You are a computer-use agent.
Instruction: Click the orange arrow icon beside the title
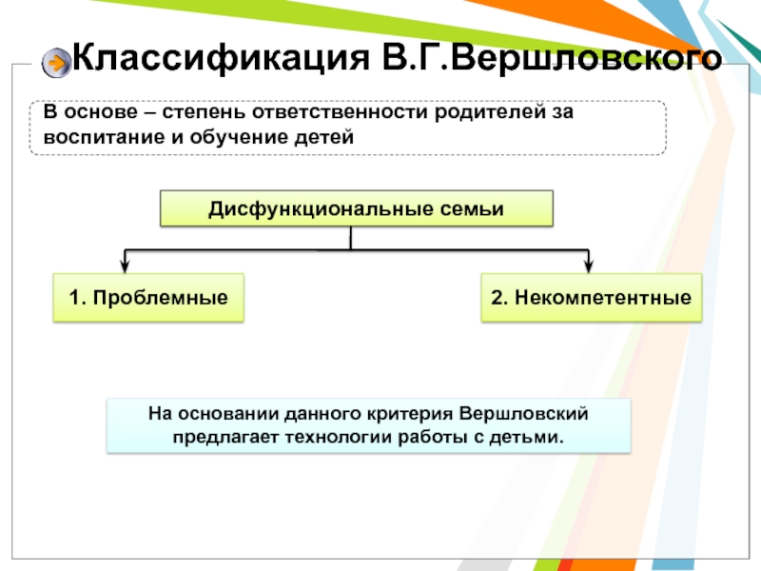tap(57, 63)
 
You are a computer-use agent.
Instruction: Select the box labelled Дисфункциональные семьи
tap(356, 208)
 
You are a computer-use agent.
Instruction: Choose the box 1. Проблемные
tap(148, 298)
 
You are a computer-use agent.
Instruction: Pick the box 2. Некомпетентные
tap(591, 298)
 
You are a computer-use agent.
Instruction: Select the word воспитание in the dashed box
tap(92, 137)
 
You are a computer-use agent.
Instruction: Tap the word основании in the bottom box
tap(222, 415)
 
